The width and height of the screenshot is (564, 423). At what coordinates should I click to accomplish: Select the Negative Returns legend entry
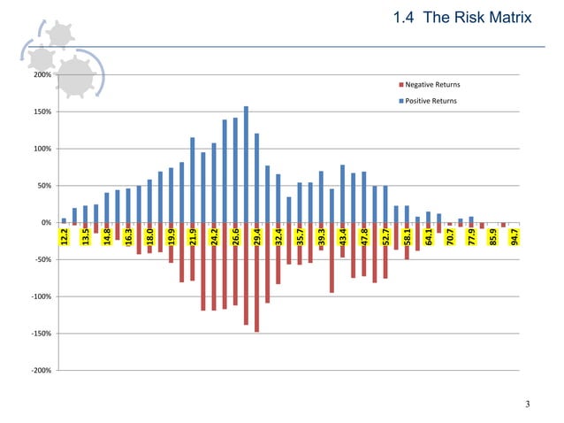point(431,85)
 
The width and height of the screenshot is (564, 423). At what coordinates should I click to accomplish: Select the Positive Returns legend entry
point(431,101)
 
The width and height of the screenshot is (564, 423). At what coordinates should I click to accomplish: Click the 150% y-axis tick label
point(42,112)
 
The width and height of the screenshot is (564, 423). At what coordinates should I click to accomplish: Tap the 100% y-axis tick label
point(42,149)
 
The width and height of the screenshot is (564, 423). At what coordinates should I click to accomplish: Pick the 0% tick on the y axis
point(45,222)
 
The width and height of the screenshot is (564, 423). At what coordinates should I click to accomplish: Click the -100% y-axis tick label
point(40,296)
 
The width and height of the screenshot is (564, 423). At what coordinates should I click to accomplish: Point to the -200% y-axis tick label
point(40,371)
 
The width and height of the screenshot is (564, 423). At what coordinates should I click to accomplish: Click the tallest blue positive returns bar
point(246,164)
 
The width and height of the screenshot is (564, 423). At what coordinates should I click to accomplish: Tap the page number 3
point(527,405)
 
